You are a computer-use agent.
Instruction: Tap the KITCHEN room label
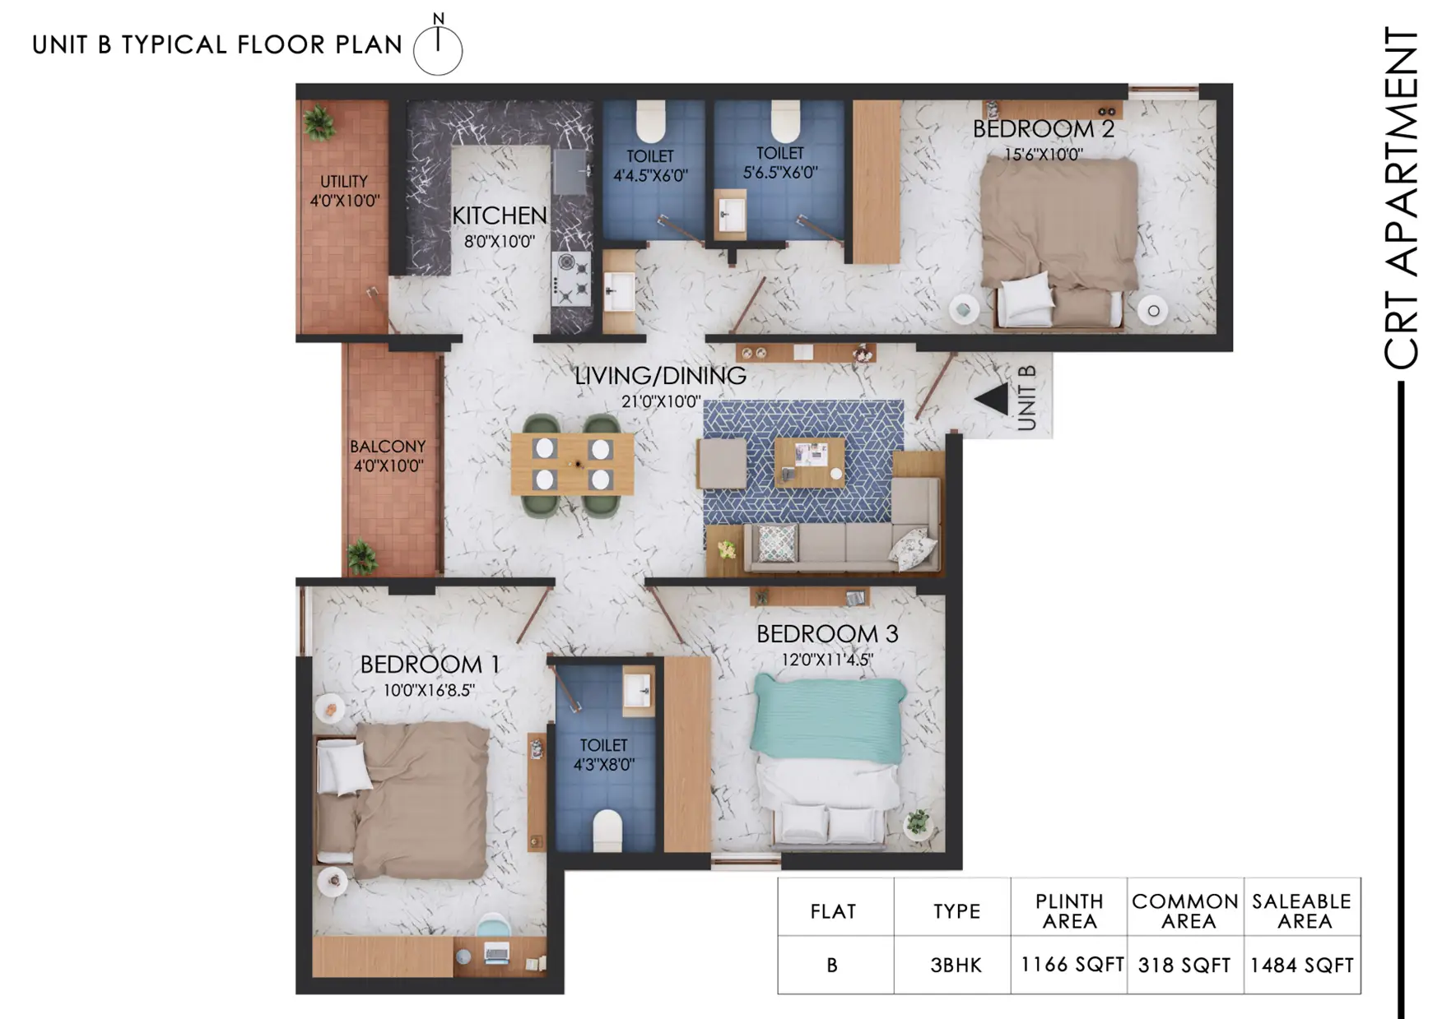pyautogui.click(x=499, y=215)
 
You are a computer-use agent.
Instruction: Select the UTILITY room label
pyautogui.click(x=343, y=181)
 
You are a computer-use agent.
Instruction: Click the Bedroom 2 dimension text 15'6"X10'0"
pyautogui.click(x=1043, y=154)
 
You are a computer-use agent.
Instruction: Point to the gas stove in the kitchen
pyautogui.click(x=571, y=279)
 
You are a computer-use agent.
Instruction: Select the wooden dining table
pyautogui.click(x=572, y=464)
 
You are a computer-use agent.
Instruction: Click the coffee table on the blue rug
pyautogui.click(x=809, y=461)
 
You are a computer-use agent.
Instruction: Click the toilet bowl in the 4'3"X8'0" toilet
pyautogui.click(x=607, y=831)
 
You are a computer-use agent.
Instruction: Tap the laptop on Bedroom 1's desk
pyautogui.click(x=497, y=953)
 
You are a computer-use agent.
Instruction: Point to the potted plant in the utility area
pyautogui.click(x=318, y=123)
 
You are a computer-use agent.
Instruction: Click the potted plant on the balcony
pyautogui.click(x=361, y=556)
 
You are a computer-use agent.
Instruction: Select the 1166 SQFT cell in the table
pyautogui.click(x=1072, y=965)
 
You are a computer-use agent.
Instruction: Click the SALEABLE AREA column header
pyautogui.click(x=1302, y=911)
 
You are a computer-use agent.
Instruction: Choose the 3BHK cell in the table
pyautogui.click(x=956, y=965)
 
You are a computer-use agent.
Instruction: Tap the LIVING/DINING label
pyautogui.click(x=660, y=376)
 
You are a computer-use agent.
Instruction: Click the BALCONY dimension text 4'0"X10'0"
pyautogui.click(x=388, y=465)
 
